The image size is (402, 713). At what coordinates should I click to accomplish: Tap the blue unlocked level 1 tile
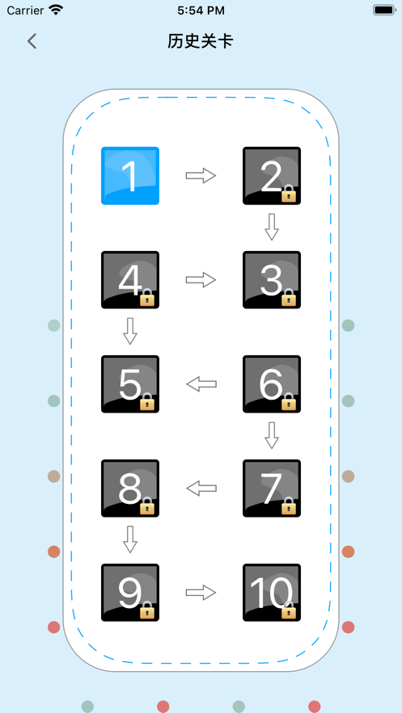(130, 175)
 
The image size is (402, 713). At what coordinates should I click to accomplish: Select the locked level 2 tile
(272, 175)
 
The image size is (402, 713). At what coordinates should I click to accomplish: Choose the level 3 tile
(272, 279)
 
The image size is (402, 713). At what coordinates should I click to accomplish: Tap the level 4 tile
(130, 279)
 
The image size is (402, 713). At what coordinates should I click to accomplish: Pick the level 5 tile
(130, 384)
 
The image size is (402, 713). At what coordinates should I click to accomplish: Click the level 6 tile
(272, 384)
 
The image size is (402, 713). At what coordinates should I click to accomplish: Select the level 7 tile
(272, 489)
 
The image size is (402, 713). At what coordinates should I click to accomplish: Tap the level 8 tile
(130, 489)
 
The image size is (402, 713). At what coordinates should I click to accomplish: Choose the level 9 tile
(130, 593)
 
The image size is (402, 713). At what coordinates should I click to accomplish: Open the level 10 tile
(272, 593)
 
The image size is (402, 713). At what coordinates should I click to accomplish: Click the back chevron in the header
(32, 41)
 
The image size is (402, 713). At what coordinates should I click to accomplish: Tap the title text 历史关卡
(201, 41)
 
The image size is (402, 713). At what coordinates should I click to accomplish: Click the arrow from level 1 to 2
(201, 175)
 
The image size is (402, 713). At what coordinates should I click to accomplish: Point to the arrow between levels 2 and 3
(272, 227)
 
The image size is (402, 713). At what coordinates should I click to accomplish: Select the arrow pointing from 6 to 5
(201, 384)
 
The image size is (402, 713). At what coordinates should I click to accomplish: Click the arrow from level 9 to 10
(201, 593)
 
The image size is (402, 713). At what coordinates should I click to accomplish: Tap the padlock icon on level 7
(289, 505)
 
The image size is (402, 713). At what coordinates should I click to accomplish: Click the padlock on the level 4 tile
(147, 296)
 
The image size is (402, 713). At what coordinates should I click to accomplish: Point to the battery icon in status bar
(384, 10)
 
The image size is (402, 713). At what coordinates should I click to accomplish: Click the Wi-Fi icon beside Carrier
(56, 10)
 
